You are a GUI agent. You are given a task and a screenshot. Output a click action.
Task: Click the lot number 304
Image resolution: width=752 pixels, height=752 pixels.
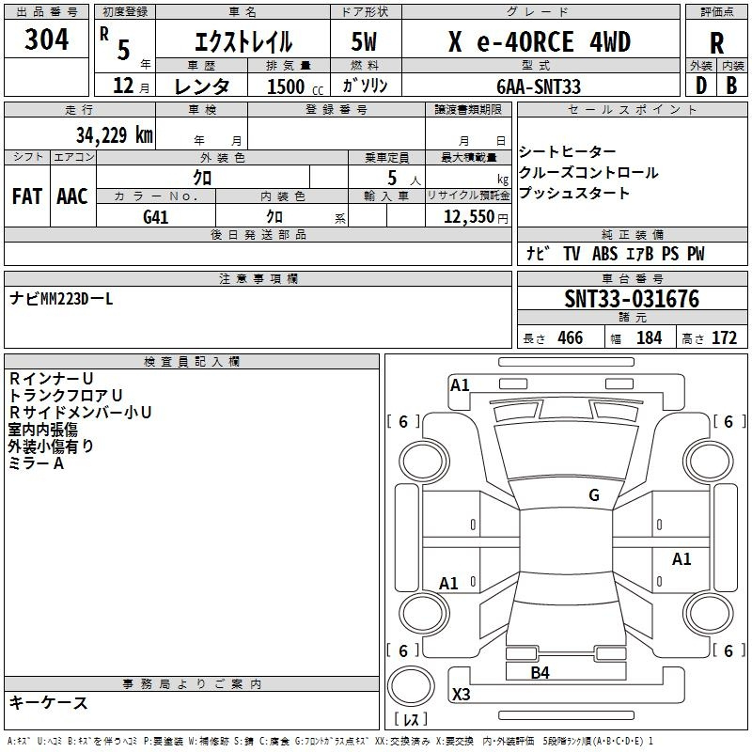46,39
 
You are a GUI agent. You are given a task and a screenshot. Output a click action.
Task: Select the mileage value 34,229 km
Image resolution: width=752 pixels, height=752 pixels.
115,134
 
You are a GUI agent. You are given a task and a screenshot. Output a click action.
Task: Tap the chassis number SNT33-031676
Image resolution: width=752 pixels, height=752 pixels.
632,298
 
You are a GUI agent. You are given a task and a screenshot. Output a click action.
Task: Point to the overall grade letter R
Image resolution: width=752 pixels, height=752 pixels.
716,43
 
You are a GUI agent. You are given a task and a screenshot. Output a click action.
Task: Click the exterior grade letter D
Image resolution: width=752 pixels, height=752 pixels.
701,86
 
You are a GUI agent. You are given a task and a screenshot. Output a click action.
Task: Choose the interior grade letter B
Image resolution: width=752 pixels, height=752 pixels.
731,86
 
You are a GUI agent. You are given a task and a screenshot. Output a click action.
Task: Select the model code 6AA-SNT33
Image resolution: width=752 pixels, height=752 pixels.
539,86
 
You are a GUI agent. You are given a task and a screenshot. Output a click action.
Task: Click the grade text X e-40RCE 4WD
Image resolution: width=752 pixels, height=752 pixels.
540,41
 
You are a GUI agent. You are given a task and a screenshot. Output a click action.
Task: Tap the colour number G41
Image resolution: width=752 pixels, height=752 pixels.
155,217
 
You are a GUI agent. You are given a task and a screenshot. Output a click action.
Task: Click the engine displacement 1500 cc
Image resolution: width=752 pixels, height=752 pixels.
295,86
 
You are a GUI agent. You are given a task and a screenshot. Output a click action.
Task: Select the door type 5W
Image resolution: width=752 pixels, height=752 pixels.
364,41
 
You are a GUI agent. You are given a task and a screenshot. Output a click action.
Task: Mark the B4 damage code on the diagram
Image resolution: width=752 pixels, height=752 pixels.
540,672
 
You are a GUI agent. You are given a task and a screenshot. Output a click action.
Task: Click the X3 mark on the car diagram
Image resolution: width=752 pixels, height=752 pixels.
461,694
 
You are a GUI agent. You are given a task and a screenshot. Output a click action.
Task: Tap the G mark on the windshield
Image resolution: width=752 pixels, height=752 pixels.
594,494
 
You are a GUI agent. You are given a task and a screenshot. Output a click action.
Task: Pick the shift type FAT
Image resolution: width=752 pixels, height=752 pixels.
27,196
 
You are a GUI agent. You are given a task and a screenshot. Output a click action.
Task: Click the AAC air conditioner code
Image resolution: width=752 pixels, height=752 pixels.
72,196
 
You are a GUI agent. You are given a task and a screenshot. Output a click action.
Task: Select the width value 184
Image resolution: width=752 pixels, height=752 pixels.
649,337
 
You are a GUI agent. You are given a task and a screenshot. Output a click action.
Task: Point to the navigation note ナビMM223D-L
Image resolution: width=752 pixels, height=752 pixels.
61,299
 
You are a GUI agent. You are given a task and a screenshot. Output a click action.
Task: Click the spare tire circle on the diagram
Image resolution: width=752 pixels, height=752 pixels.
411,686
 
